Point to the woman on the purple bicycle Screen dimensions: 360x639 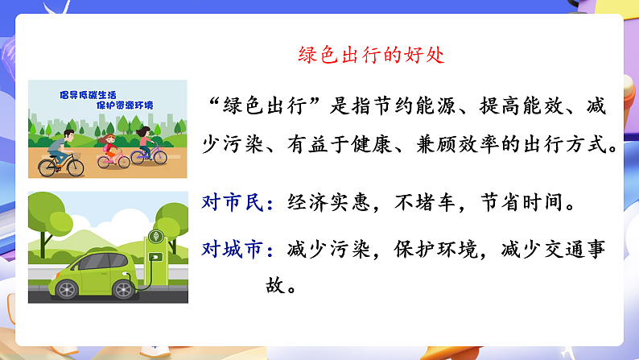click(146, 143)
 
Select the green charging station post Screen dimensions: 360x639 click(155, 246)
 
